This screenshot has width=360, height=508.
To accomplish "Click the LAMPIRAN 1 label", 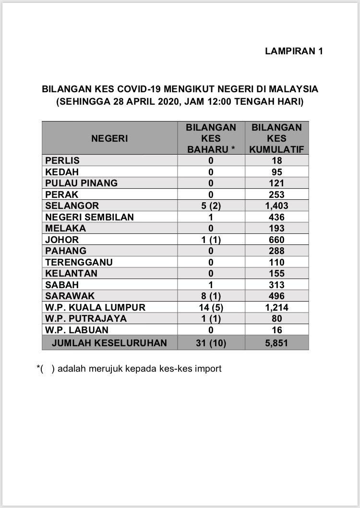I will point(294,51).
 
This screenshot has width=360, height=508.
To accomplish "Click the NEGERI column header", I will point(109,138).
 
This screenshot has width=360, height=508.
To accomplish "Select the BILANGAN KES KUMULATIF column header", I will point(276,138).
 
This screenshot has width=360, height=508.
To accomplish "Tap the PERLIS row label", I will point(62,160).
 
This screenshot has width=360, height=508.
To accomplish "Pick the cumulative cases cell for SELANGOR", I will point(276,206).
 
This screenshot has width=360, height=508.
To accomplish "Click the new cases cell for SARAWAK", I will point(211,296).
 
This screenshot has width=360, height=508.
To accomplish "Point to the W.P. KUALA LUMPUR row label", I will point(95,307).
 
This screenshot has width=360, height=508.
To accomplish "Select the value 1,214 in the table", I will point(276,307).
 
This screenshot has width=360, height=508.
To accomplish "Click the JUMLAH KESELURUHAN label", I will point(109,343).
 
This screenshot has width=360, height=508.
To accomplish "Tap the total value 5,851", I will point(276,343).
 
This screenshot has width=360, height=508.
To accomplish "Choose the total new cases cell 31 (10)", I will point(211,343).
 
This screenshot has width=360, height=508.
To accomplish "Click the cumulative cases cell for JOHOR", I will point(276,240).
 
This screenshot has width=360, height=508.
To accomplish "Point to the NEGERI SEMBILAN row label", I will point(89,217).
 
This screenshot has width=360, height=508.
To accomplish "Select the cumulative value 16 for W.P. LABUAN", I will point(276,330).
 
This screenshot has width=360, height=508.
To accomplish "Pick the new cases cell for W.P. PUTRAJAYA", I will point(211,318).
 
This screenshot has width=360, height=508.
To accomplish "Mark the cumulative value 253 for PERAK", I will point(276,194).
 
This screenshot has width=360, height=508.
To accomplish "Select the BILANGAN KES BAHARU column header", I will point(211,138).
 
